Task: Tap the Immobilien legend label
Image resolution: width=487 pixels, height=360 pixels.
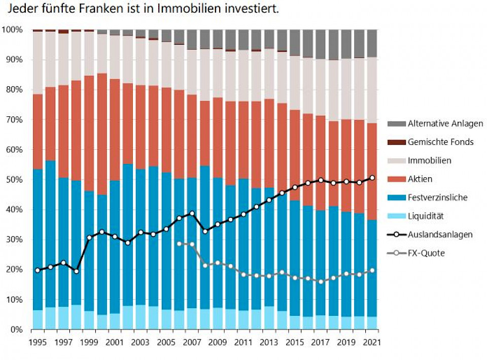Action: point(430,160)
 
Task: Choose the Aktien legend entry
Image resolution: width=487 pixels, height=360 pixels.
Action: point(420,179)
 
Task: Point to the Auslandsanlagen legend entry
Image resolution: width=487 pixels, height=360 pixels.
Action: point(440,235)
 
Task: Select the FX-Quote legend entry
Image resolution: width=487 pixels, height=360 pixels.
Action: point(426,253)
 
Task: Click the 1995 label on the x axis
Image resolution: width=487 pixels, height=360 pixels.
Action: point(38,341)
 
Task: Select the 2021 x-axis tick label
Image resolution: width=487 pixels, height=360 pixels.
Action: point(373,341)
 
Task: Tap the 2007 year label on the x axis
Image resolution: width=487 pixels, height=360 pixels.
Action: point(192,341)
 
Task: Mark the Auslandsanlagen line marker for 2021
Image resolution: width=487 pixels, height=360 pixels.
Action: point(373,178)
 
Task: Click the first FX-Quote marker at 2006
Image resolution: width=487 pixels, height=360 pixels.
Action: point(179,244)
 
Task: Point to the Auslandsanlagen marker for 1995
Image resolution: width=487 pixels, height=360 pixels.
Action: point(38,270)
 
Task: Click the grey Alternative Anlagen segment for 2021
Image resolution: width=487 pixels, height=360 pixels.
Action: point(373,43)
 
